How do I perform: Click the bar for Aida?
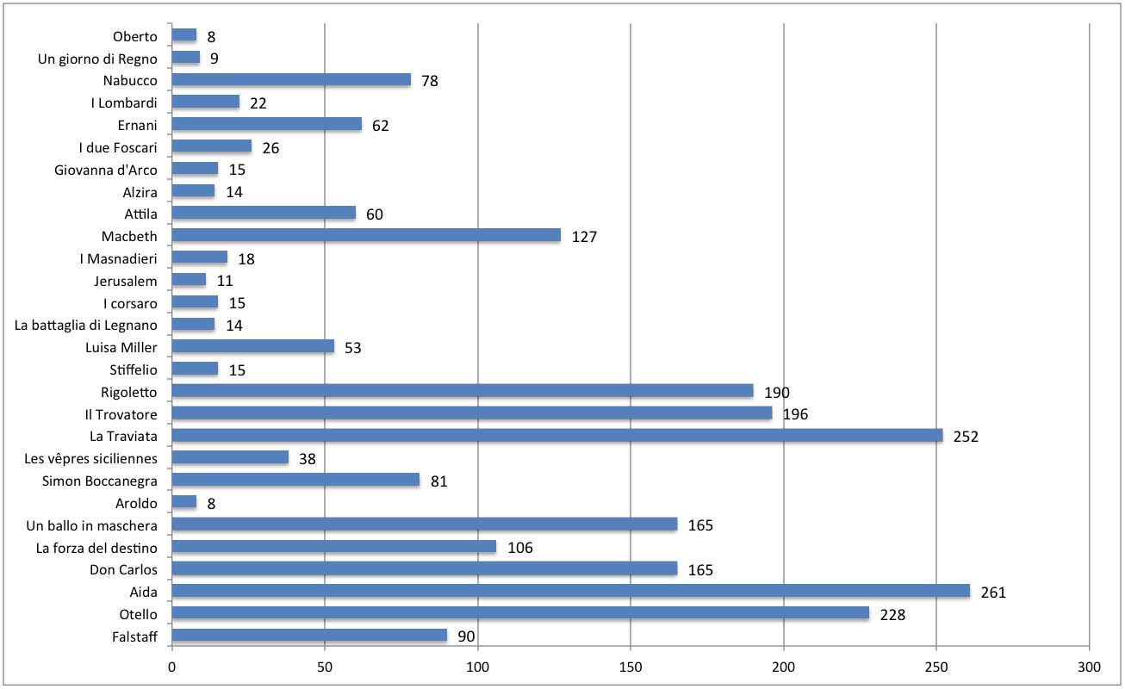(570, 591)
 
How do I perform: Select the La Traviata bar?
(557, 436)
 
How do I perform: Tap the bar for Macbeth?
(366, 235)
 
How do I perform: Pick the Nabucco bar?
(291, 79)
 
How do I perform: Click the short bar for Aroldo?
(183, 502)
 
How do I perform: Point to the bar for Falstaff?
(309, 636)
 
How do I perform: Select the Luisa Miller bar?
(252, 346)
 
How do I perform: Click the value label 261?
(993, 593)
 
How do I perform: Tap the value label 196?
(796, 414)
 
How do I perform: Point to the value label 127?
(584, 237)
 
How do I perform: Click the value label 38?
(308, 459)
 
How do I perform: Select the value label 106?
(519, 548)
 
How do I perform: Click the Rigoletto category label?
(128, 392)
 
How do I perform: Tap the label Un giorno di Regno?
(97, 59)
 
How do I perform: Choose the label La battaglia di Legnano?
(86, 326)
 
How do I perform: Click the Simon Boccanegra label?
(99, 481)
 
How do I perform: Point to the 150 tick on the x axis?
(631, 667)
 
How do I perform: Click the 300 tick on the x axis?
(1090, 667)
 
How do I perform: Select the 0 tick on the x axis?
(171, 667)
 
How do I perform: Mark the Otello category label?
(138, 615)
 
